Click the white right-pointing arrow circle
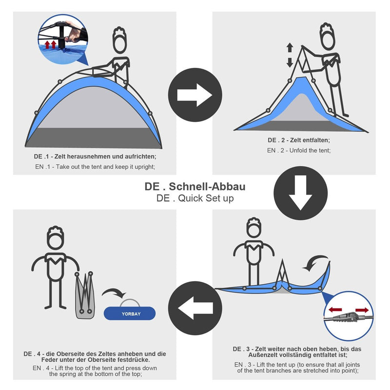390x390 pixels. click(195, 95)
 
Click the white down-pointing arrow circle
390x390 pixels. click(300, 193)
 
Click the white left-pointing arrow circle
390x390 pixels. click(195, 308)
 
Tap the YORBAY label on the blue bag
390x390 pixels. click(131, 314)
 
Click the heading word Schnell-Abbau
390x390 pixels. click(207, 187)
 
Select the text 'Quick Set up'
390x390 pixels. click(206, 198)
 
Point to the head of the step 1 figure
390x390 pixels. click(120, 41)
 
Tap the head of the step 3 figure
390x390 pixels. click(253, 228)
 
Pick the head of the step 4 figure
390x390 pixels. click(56, 238)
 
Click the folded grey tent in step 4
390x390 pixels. click(84, 295)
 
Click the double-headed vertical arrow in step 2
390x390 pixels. click(290, 55)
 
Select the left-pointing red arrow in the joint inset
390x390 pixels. click(335, 310)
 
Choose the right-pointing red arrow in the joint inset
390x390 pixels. click(362, 310)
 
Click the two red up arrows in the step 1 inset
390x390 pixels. click(50, 45)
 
